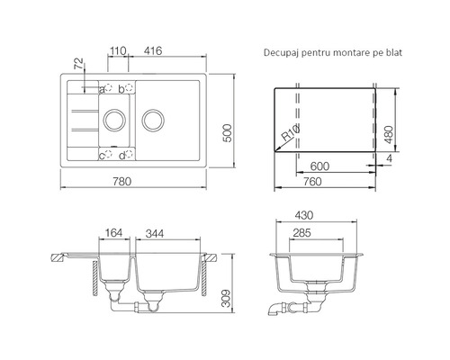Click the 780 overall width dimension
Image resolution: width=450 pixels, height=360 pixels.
coord(122,181)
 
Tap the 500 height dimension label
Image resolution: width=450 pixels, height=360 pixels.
coord(228,133)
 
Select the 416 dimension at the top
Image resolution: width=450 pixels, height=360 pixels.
coord(153,50)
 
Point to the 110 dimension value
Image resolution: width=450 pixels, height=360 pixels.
coord(118,51)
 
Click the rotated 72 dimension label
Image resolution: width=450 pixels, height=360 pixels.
coord(78,64)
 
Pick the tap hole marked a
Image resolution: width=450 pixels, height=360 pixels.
coord(108,88)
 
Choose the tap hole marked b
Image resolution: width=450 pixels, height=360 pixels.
coord(129,88)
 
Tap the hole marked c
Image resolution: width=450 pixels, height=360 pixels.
coord(108,154)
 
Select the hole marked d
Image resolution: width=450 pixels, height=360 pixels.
coord(129,154)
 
